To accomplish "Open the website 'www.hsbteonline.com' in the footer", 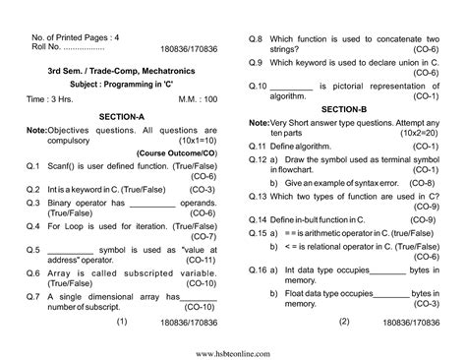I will point(232,351).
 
